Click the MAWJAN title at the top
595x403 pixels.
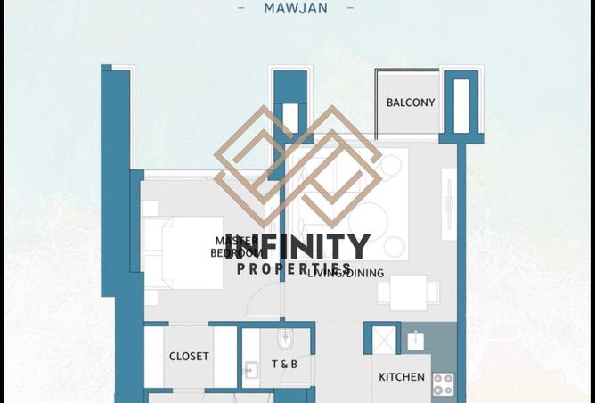coord(297,9)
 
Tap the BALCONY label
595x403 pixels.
coord(411,103)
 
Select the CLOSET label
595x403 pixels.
coord(189,357)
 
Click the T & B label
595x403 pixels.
coord(284,365)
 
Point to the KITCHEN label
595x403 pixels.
coord(402,377)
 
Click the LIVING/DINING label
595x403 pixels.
coord(346,274)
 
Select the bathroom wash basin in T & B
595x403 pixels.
coord(251,368)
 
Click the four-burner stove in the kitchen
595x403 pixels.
coord(443,384)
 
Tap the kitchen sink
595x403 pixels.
coord(416,340)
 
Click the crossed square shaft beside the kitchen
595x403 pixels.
coord(383,340)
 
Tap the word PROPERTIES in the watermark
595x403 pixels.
coord(294,268)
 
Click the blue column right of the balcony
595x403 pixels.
coord(461,105)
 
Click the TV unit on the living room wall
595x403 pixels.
coord(448,207)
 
